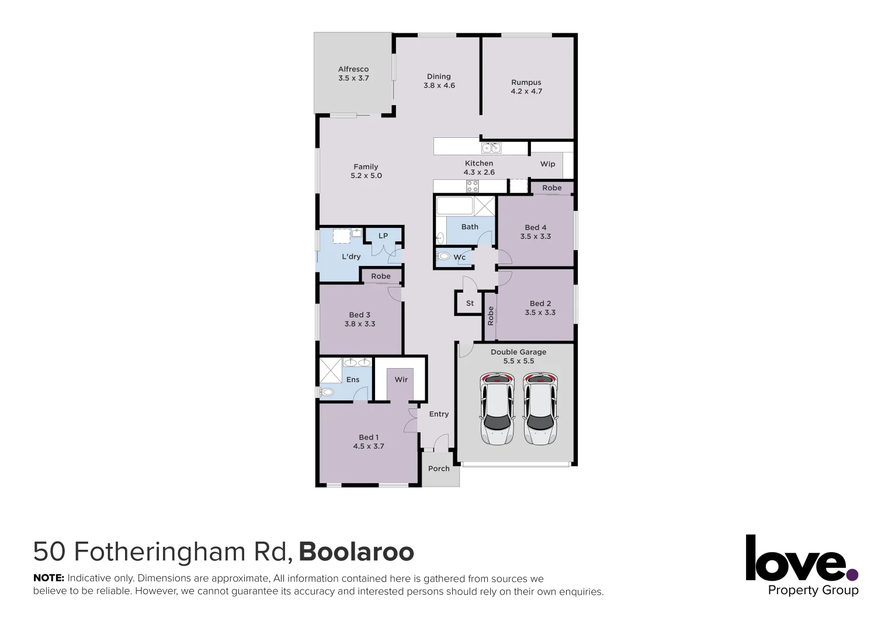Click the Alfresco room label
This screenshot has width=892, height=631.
[x=353, y=69]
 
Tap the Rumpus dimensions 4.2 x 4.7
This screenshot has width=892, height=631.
[x=526, y=92]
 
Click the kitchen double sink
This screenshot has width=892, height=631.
[x=491, y=148]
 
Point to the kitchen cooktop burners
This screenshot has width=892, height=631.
[x=472, y=186]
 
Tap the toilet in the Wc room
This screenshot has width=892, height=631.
[x=443, y=256]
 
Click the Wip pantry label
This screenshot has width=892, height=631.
[x=547, y=164]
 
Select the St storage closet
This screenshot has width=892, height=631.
[x=470, y=303]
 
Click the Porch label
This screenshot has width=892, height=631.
[x=439, y=469]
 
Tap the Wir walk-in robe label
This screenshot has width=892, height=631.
[x=401, y=380]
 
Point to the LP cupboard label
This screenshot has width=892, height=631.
[x=383, y=236]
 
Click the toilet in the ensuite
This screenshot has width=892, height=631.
[x=327, y=392]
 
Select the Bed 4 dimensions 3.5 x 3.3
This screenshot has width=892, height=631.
[x=536, y=237]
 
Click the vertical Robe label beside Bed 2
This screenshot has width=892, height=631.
[x=491, y=315]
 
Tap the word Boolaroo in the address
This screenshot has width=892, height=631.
[x=356, y=552]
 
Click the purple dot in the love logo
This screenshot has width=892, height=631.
[x=852, y=575]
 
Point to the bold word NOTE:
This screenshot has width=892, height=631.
[x=48, y=578]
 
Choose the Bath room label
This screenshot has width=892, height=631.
[x=470, y=227]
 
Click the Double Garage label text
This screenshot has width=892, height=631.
[x=518, y=352]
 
